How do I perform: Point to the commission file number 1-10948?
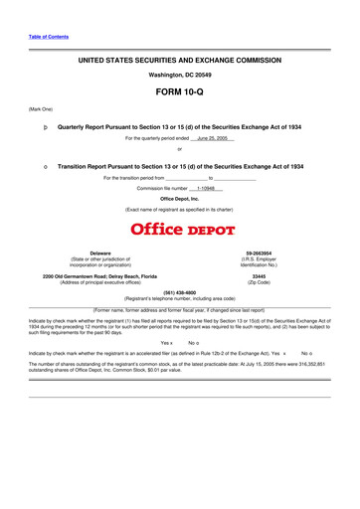[x=207, y=188]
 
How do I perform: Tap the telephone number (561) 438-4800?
[x=179, y=293]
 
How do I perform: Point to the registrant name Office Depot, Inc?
[x=179, y=199]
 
